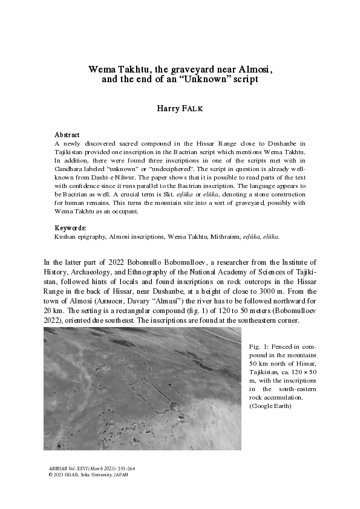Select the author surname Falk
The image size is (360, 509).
[x=194, y=109]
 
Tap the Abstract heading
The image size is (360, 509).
[x=67, y=135]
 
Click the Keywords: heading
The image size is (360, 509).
[x=71, y=228]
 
